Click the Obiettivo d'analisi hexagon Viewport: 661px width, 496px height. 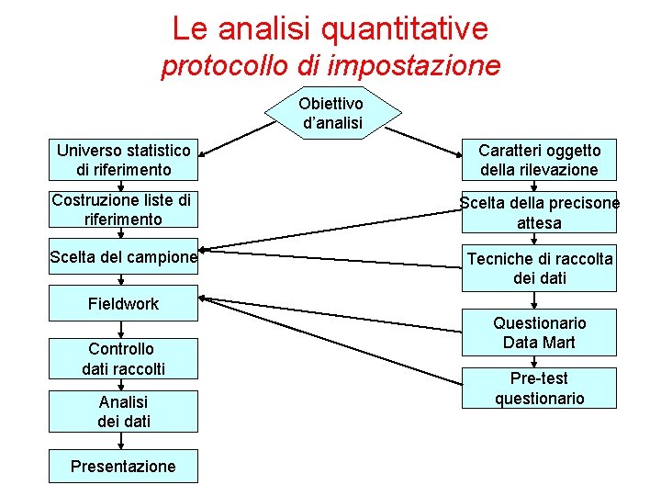click(x=331, y=113)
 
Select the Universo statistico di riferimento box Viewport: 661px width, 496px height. click(x=124, y=160)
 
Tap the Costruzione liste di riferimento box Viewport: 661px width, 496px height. click(x=123, y=209)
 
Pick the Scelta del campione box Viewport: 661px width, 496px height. click(x=123, y=258)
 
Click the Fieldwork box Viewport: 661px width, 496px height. click(x=123, y=304)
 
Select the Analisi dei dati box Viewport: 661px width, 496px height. click(x=123, y=411)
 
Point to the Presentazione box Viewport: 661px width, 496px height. click(x=123, y=466)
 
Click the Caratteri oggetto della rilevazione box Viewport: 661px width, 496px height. click(x=539, y=160)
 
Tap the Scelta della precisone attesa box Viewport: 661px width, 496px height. click(x=539, y=213)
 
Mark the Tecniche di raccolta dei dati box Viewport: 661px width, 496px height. click(x=539, y=268)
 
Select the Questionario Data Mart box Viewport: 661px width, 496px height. click(x=539, y=333)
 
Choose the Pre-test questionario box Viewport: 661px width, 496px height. click(x=539, y=388)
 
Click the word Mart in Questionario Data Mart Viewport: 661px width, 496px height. click(x=559, y=343)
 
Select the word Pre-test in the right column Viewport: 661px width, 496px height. click(x=539, y=378)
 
